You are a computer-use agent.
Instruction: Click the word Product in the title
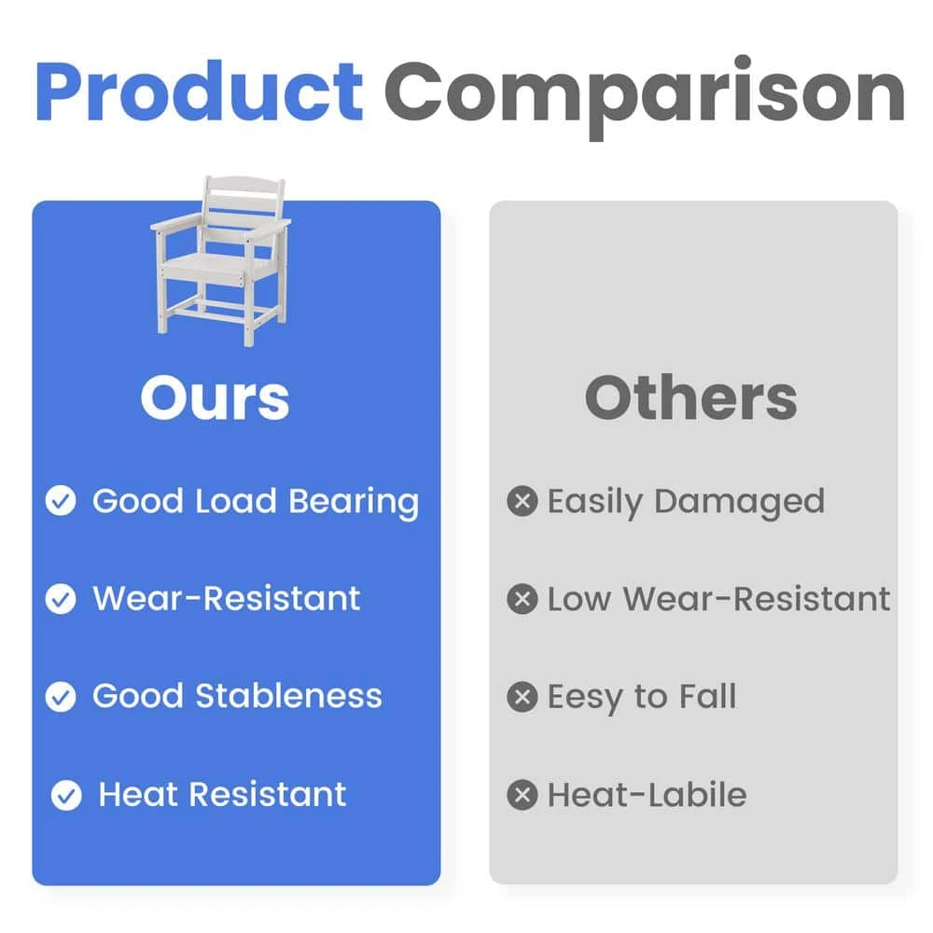click(200, 91)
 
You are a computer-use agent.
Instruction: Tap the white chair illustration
click(221, 260)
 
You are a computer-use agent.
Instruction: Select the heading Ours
click(215, 397)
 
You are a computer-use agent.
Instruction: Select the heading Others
click(690, 397)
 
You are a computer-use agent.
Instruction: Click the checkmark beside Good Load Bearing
click(61, 500)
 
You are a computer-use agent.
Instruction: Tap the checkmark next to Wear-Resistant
click(61, 599)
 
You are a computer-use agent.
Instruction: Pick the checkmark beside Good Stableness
click(61, 697)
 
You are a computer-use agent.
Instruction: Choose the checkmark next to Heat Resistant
click(66, 795)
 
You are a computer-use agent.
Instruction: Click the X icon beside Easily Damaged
click(522, 500)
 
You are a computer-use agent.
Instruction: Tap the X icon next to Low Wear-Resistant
click(522, 599)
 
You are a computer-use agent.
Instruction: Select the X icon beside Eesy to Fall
click(522, 697)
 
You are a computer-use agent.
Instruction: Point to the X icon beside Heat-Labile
click(522, 795)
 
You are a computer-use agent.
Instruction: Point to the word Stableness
click(288, 696)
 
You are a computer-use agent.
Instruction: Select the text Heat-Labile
click(648, 794)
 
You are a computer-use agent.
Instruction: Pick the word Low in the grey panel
click(579, 599)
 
